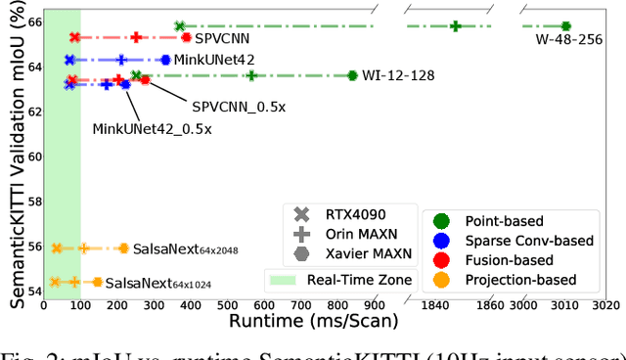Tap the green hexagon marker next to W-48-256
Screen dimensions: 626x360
(565, 26)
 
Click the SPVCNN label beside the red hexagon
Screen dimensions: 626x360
(222, 38)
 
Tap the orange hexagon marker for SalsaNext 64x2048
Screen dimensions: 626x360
(123, 248)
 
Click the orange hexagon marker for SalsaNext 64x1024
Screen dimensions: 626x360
(97, 282)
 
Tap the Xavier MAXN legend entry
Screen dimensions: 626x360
(342, 255)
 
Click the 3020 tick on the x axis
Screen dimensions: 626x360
(604, 305)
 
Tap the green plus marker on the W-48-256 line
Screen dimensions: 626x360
(456, 26)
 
